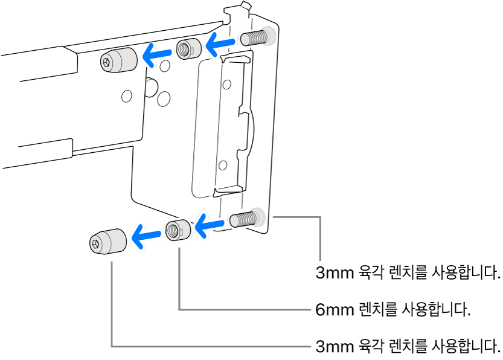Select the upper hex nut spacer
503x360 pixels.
[187, 48]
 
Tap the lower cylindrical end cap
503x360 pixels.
[108, 242]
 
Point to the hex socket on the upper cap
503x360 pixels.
[107, 62]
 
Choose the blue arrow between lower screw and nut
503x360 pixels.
[208, 227]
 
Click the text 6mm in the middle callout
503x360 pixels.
[333, 310]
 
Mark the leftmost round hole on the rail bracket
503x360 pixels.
[126, 95]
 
